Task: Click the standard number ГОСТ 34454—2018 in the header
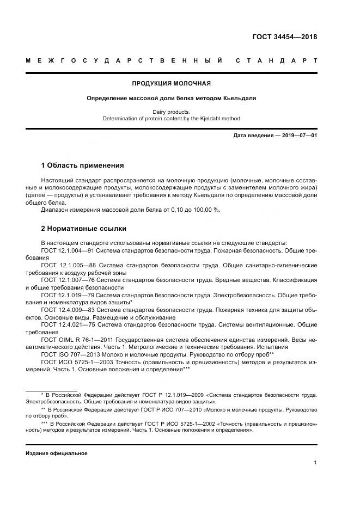[x=284, y=38]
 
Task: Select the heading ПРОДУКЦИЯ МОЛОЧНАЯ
[x=172, y=84]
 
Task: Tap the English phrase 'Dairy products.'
[x=172, y=112]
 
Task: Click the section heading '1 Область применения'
[x=82, y=165]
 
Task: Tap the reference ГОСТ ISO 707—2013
[x=66, y=354]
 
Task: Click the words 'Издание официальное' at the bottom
[x=57, y=453]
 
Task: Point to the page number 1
[x=315, y=463]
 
